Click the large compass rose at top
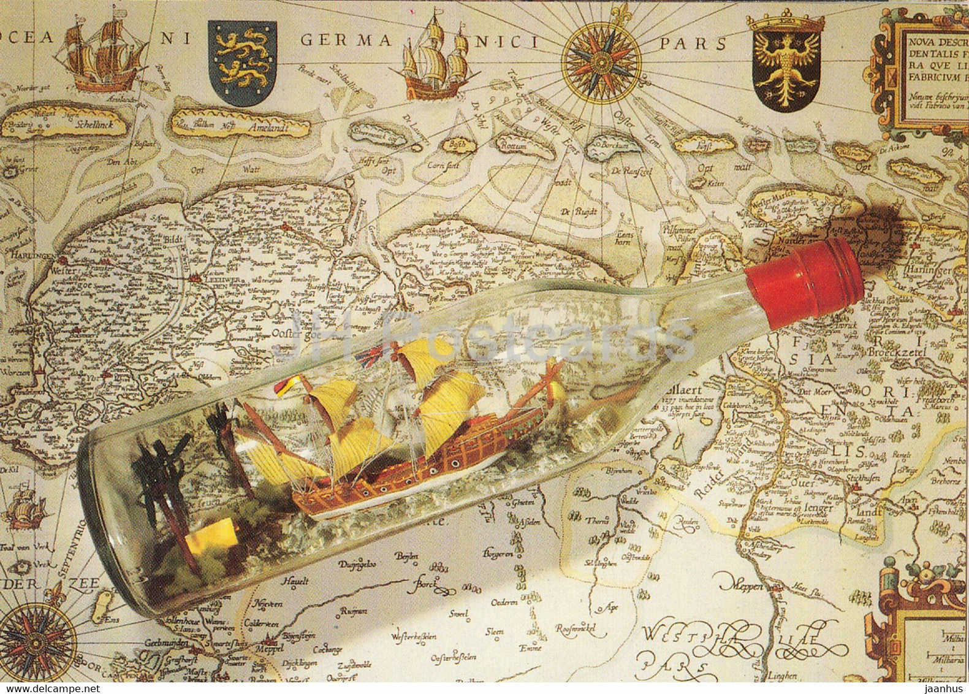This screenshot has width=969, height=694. (x=601, y=62)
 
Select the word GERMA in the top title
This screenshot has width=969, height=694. (x=345, y=41)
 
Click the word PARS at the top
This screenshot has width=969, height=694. (x=693, y=44)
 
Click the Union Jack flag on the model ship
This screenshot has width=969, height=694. (x=369, y=355)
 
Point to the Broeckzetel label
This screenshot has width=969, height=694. (x=895, y=354)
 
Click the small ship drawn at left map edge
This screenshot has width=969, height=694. (x=25, y=505)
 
